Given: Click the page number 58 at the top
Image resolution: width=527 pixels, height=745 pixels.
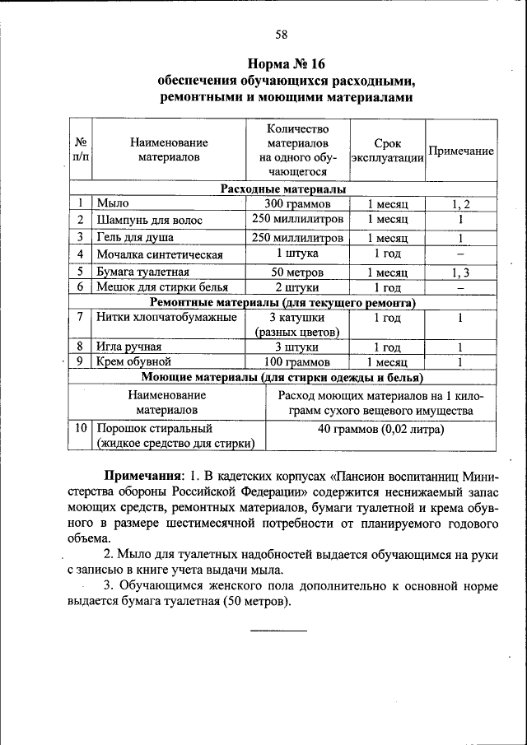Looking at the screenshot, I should (x=281, y=34).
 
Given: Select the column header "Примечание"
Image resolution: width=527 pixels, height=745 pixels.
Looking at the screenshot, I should (x=461, y=151).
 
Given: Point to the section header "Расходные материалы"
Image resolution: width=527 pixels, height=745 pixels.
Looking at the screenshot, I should (x=282, y=189).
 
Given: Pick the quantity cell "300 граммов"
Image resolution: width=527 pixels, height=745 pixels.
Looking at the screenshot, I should (x=297, y=203).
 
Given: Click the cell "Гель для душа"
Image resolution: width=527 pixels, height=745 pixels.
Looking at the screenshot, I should (x=135, y=238).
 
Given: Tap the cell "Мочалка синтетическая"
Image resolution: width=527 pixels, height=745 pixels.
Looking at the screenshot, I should (x=160, y=254).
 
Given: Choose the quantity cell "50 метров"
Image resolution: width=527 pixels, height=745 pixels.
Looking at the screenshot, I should (x=297, y=272).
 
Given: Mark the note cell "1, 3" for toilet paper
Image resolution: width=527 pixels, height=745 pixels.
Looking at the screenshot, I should (x=460, y=272).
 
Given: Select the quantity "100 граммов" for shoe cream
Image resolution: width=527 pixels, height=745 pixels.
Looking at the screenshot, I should (x=297, y=361).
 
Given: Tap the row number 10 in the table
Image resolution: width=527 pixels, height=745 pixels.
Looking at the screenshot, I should (x=80, y=428).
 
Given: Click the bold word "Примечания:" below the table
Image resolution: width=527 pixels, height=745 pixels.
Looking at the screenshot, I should (x=142, y=477).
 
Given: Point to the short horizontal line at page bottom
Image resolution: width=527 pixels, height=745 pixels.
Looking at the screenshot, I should (x=277, y=630).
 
